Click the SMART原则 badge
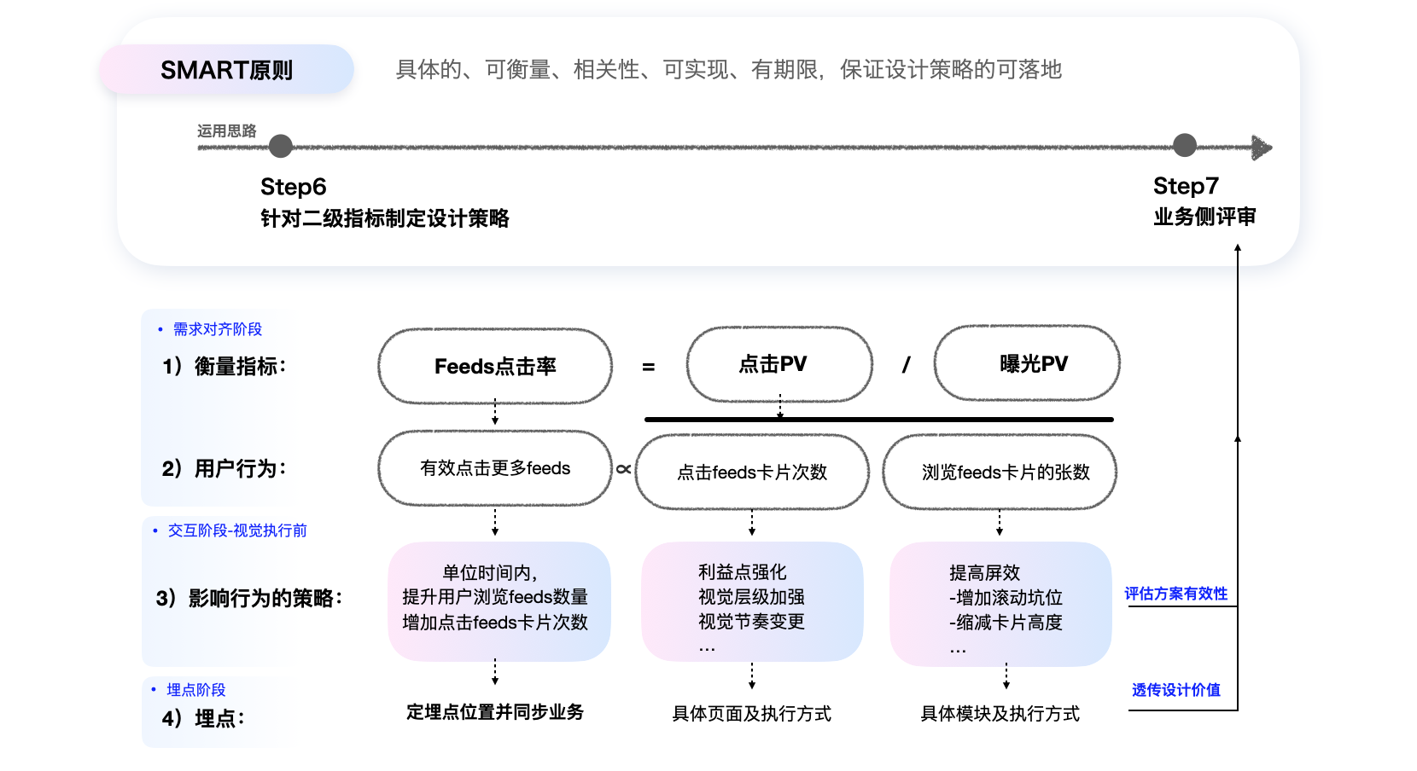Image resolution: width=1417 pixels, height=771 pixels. point(226,70)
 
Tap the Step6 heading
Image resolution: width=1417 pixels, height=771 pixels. point(293,187)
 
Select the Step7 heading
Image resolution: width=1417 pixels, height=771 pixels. point(1186,186)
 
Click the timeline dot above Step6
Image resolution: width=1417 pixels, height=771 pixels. point(281,147)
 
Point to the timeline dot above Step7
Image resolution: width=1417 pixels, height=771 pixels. point(1185,146)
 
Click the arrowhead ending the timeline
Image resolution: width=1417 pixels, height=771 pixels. point(1262,148)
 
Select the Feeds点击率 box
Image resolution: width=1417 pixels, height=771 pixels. point(495,366)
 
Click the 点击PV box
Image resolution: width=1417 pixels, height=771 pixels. point(779,364)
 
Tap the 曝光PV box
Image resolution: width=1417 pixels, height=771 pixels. point(1027,363)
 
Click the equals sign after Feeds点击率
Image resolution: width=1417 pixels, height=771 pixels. point(649,367)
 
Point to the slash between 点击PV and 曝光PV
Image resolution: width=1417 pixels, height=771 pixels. point(906,365)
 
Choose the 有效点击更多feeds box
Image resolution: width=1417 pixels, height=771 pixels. point(495,468)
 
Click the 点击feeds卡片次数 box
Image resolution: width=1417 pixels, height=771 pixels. point(752,472)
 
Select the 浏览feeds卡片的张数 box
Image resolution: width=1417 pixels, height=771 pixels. point(1000,472)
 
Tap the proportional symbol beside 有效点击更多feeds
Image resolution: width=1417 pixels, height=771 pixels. point(624,469)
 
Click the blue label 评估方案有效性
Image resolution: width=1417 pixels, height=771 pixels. point(1175,594)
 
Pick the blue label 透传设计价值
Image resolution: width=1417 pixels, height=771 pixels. point(1175,690)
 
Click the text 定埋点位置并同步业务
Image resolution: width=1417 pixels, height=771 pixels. point(495,712)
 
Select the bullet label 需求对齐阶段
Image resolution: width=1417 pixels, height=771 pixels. point(217,329)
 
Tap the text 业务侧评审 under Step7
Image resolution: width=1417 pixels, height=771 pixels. point(1204,217)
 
